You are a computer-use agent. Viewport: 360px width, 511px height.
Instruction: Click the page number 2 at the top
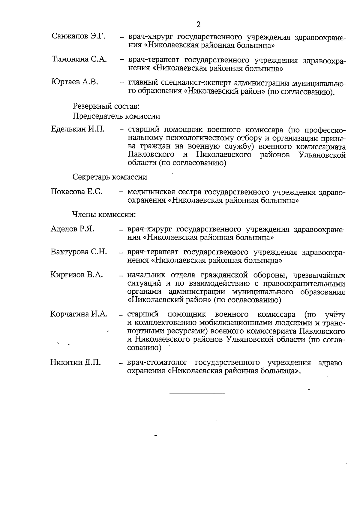198,24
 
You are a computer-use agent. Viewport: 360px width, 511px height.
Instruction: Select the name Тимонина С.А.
79,59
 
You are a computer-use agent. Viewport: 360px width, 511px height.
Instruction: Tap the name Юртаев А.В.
75,82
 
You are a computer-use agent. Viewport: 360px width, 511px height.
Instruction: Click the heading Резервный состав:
106,106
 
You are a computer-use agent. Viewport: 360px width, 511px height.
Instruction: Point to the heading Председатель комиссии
116,116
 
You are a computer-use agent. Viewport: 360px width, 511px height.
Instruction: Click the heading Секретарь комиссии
110,177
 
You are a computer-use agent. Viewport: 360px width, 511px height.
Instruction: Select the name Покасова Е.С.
76,192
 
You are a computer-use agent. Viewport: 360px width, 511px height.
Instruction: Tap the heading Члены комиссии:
104,215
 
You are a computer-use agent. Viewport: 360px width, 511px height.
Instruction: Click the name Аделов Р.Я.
72,229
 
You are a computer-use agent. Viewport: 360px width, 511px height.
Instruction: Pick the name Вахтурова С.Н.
79,252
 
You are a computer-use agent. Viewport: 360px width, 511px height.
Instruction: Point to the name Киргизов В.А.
76,275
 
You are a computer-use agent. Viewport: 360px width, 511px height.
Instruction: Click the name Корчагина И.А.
79,314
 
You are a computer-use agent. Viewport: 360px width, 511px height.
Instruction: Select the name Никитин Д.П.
75,362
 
